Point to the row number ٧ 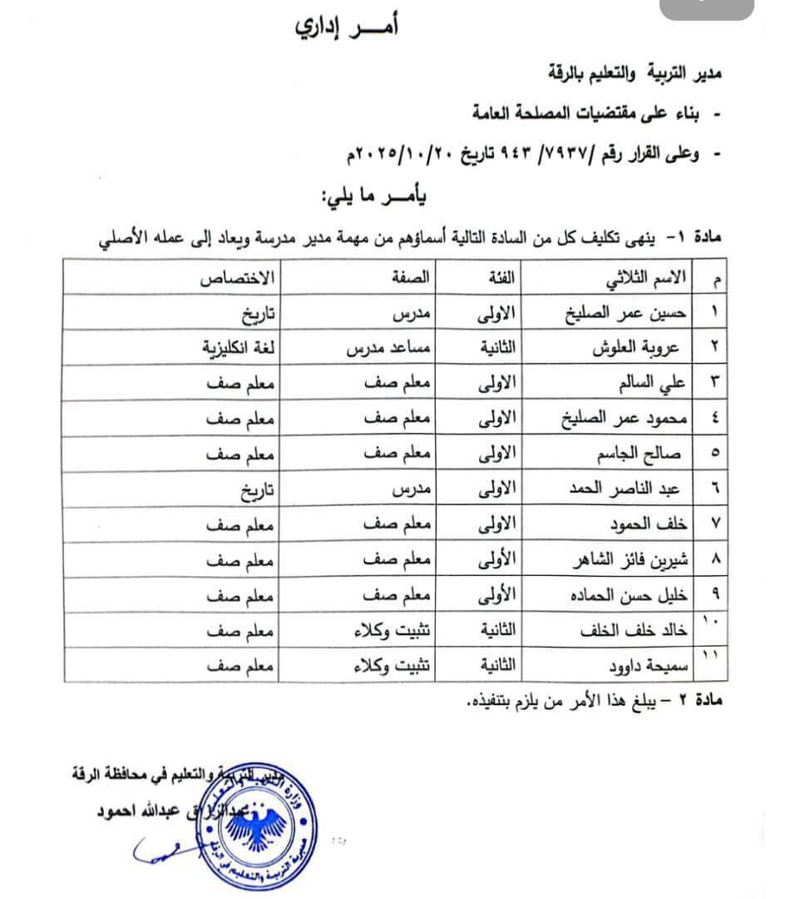click(716, 525)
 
